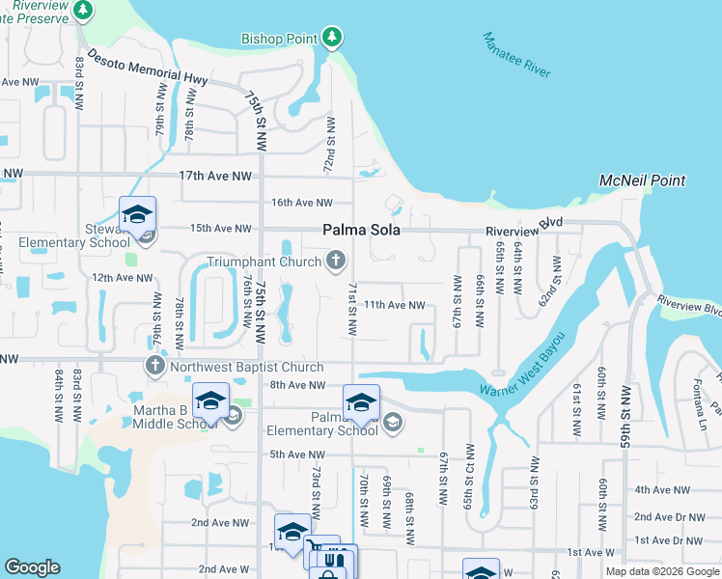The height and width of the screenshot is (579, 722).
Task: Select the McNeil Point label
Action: tap(642, 180)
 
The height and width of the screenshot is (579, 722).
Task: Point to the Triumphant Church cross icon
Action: tap(336, 261)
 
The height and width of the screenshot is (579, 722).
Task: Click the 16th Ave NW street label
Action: tap(301, 203)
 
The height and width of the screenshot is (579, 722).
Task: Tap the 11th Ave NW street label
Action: tap(394, 305)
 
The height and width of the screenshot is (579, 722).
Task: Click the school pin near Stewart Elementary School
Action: tap(137, 214)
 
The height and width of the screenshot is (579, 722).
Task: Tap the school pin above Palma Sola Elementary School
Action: tap(361, 401)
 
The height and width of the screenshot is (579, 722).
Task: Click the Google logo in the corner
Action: tap(33, 568)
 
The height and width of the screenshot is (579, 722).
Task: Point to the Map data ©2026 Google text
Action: tap(662, 571)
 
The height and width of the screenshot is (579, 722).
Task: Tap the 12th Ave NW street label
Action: tap(123, 278)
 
